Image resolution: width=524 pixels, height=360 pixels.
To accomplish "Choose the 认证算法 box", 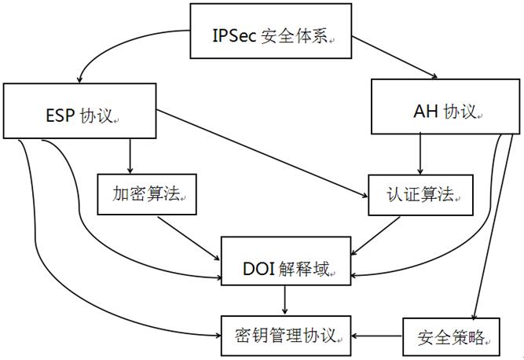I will [x=421, y=193].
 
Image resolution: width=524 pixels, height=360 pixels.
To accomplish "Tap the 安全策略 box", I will [x=451, y=336].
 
